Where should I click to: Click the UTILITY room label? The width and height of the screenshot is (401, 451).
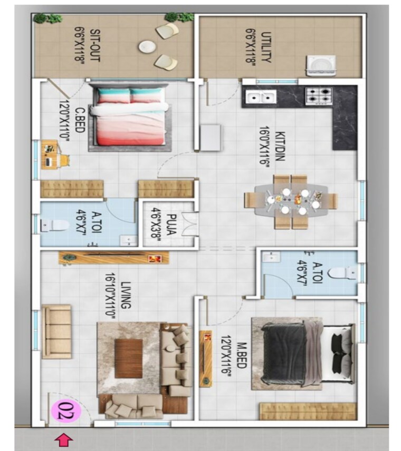click(259, 46)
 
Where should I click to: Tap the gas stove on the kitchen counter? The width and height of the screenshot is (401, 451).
click(318, 97)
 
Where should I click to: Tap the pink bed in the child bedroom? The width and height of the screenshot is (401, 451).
click(129, 116)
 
